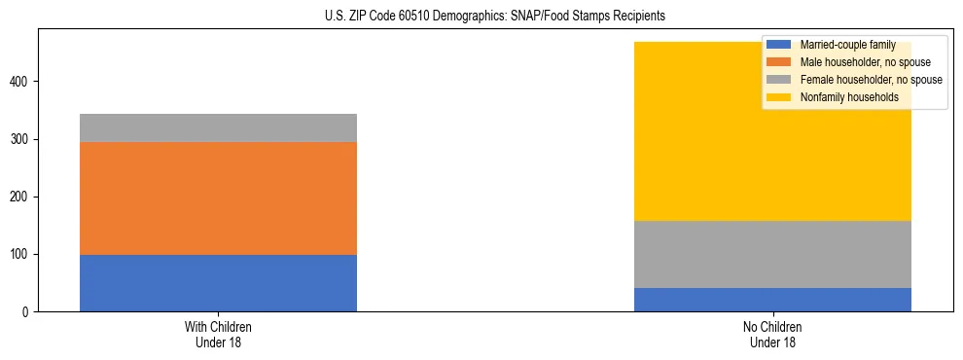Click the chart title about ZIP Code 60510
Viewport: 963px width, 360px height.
pyautogui.click(x=481, y=17)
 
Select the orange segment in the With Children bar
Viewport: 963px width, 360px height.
pyautogui.click(x=218, y=198)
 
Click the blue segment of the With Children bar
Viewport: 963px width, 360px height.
pyautogui.click(x=218, y=283)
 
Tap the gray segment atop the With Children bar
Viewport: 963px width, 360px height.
pyautogui.click(x=218, y=128)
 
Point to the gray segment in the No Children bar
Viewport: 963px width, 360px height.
pyautogui.click(x=772, y=255)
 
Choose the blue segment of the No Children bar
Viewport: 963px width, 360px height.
pyautogui.click(x=772, y=300)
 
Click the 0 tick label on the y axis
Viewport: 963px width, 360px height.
pyautogui.click(x=27, y=312)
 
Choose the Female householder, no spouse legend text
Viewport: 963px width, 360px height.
pyautogui.click(x=871, y=80)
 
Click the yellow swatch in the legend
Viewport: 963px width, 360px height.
pyautogui.click(x=779, y=97)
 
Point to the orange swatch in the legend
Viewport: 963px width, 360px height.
pyautogui.click(x=779, y=62)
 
